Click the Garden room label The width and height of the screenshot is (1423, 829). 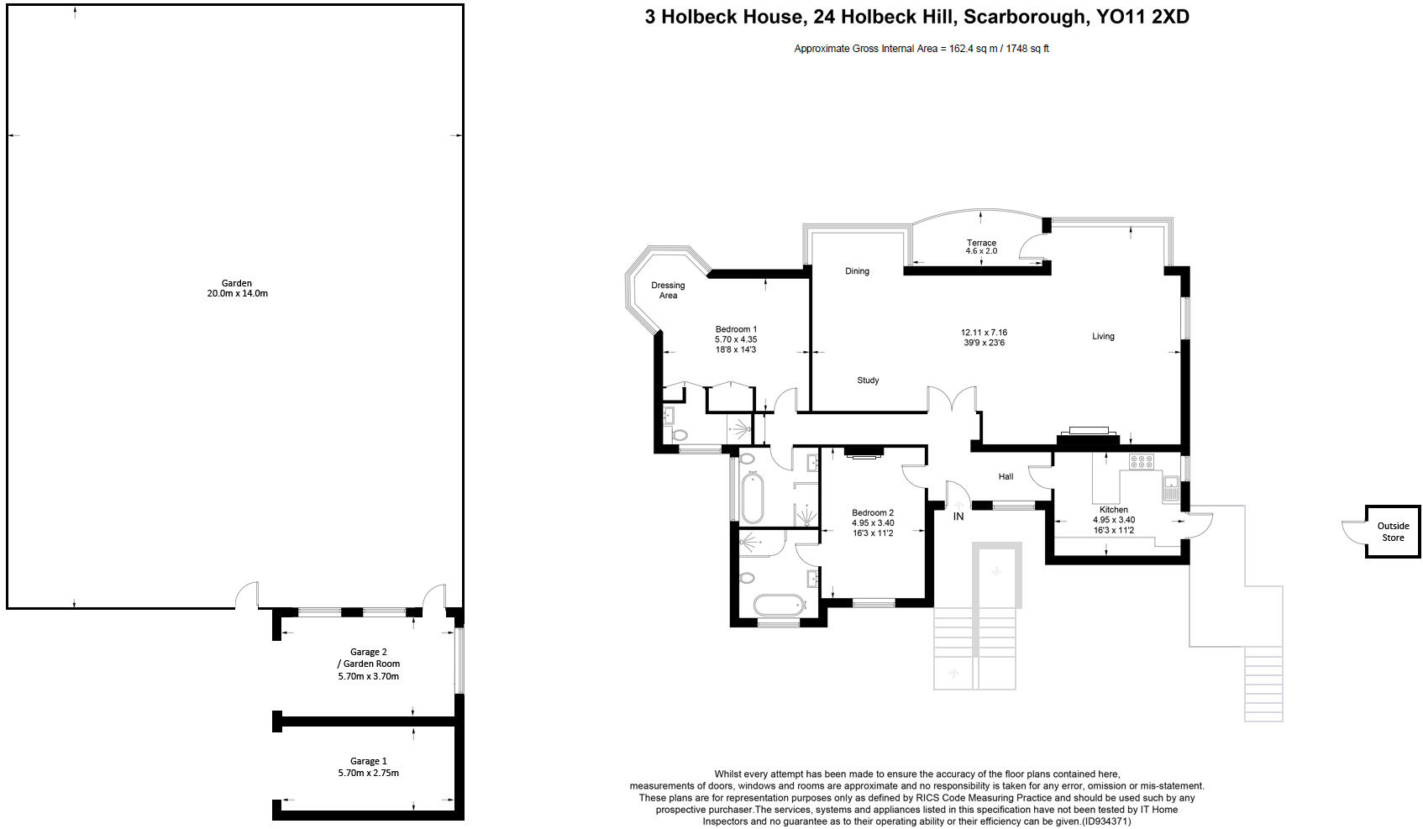237,284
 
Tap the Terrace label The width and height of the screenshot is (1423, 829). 981,243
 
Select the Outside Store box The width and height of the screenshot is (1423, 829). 1392,532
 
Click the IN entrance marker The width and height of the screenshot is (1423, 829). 958,517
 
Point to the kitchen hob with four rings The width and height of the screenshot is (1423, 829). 1142,461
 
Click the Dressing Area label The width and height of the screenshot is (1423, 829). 668,291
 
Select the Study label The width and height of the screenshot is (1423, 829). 868,380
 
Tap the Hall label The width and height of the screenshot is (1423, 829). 1006,476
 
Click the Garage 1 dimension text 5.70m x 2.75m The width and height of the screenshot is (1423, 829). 368,773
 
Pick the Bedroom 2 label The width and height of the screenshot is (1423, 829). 873,512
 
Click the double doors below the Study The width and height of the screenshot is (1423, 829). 952,400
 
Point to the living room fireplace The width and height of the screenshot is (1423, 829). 1088,433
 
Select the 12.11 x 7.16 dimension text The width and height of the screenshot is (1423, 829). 984,333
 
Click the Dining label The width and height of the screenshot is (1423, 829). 857,271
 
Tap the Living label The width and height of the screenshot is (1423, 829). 1103,336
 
